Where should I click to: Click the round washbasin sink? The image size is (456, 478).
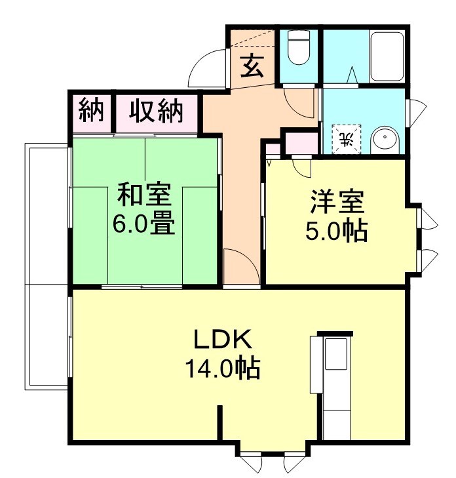[x=385, y=140]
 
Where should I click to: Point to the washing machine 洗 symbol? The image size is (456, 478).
[x=347, y=138]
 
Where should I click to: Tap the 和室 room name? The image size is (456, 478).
[x=144, y=196]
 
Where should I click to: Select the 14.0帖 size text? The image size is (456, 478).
[x=221, y=369]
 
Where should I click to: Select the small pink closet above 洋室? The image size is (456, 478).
[x=299, y=143]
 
